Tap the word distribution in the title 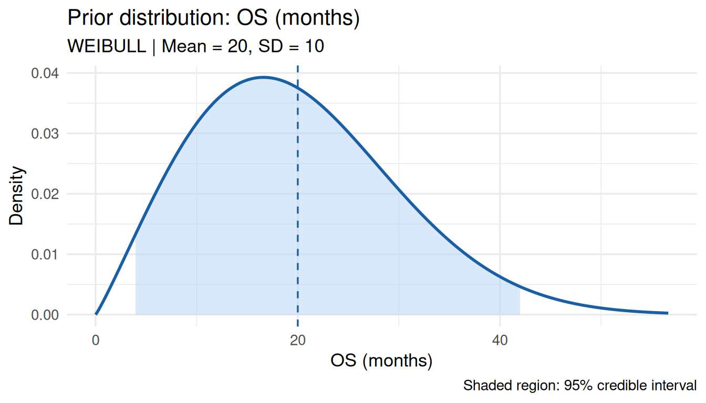click(x=175, y=18)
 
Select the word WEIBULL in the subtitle click(x=107, y=46)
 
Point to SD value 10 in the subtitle click(x=314, y=46)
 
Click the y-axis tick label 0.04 click(x=45, y=73)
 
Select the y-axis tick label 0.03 click(x=45, y=134)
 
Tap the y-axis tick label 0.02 click(x=45, y=194)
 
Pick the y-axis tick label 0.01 click(x=45, y=254)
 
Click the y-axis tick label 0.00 click(x=45, y=315)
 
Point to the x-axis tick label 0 click(x=96, y=341)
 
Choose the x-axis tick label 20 click(x=298, y=341)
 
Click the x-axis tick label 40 click(x=500, y=341)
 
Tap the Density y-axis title click(x=16, y=196)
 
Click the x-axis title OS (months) click(x=381, y=360)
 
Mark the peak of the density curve click(x=264, y=77)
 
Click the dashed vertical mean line click(x=298, y=196)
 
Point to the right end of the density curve click(x=668, y=313)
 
